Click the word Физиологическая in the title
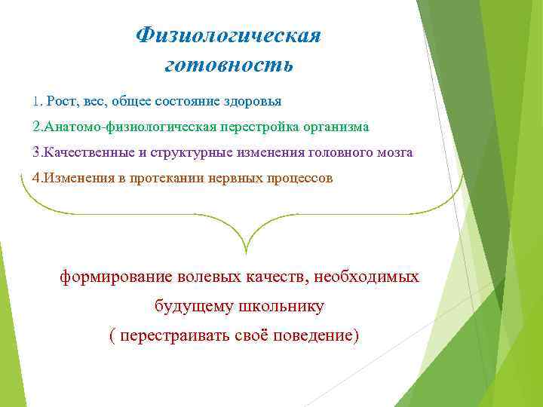click(x=229, y=35)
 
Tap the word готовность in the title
click(x=229, y=65)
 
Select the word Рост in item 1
click(x=61, y=100)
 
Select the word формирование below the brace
click(x=116, y=277)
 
